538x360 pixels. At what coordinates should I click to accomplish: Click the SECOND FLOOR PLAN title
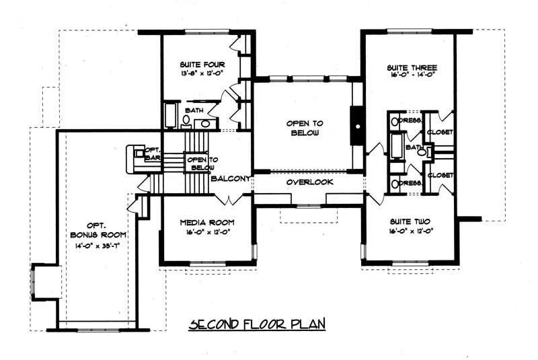coord(258,324)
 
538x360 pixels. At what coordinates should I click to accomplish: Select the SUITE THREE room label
coord(412,68)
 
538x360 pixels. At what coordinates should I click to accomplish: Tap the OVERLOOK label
coord(305,182)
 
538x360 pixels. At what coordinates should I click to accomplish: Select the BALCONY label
coord(231,178)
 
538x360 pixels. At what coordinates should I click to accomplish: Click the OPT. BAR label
coord(151,154)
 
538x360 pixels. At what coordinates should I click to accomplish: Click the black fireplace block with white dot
coord(357,126)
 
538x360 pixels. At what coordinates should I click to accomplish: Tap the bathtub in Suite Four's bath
coord(170,116)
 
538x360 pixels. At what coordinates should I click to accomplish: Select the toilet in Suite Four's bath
coord(186,120)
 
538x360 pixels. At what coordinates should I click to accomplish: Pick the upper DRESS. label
coord(410,120)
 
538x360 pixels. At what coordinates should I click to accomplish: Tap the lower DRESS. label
coord(410,183)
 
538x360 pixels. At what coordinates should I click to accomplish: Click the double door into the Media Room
coord(229,199)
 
